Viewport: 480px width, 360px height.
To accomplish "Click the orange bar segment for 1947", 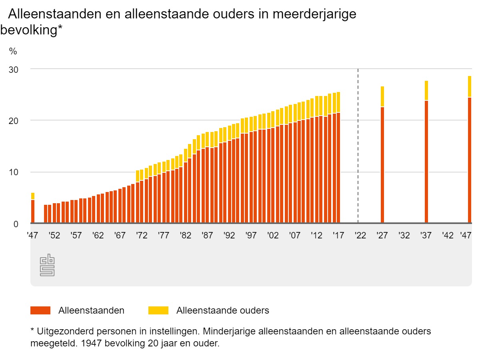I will point(33,211).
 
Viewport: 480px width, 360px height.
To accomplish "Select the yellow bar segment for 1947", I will point(33,196).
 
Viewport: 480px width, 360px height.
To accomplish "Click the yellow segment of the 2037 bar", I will point(426,90).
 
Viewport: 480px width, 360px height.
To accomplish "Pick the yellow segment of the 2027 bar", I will point(382,96).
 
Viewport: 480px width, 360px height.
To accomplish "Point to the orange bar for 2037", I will point(426,162).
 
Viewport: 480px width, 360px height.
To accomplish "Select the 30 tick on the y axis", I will point(14,69).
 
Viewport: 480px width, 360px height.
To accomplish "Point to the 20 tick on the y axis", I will point(14,120).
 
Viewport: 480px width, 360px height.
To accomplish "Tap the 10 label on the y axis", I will point(14,172).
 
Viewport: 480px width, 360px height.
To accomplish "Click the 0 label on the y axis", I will point(16,224).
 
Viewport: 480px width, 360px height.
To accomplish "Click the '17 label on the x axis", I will point(338,236).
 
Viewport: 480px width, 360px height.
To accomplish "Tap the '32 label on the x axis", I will point(404,236).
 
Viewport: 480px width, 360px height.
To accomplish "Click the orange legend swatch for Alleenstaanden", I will point(40,310).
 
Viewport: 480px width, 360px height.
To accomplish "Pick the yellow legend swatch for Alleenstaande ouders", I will point(158,310).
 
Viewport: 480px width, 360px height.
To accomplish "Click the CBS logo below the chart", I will point(47,265).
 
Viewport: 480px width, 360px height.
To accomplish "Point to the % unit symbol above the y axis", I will point(13,51).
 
